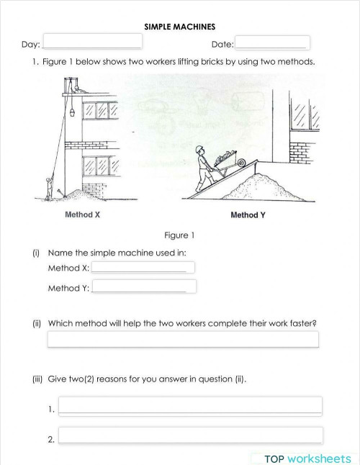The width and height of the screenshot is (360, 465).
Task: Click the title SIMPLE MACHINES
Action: [179, 27]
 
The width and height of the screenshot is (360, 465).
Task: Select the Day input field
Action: [93, 43]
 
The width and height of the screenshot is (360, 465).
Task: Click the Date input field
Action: [273, 43]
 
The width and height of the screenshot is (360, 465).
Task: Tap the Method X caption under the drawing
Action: [82, 215]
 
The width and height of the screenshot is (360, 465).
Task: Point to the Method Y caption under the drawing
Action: [248, 215]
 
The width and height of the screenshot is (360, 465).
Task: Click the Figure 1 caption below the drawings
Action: [179, 235]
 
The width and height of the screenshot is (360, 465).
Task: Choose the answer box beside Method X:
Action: [143, 268]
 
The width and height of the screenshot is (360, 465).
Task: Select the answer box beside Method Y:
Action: [143, 287]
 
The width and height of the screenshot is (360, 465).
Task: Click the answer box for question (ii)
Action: [183, 339]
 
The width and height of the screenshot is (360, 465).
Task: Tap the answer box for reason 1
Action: [190, 406]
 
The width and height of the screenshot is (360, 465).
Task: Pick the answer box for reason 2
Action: [190, 435]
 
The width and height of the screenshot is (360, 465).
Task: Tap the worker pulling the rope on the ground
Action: [48, 189]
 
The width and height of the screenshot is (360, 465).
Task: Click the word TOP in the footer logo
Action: [276, 459]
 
